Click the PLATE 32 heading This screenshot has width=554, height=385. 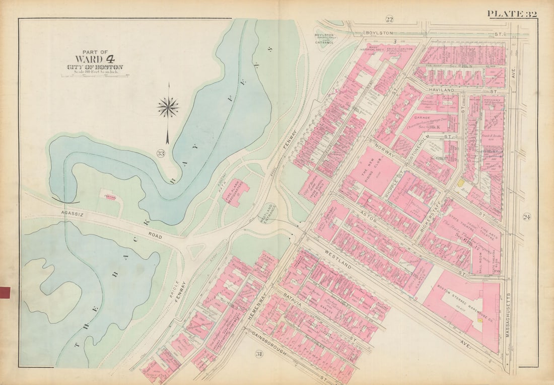coord(511,14)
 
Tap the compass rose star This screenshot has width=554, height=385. coord(168,107)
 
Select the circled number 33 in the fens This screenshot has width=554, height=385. coord(160,153)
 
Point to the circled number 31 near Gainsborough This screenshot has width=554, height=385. coord(259,354)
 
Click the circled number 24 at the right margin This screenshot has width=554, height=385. coord(527,217)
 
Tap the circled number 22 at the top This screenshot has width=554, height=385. coord(389,19)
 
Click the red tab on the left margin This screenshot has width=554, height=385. coord(5,292)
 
